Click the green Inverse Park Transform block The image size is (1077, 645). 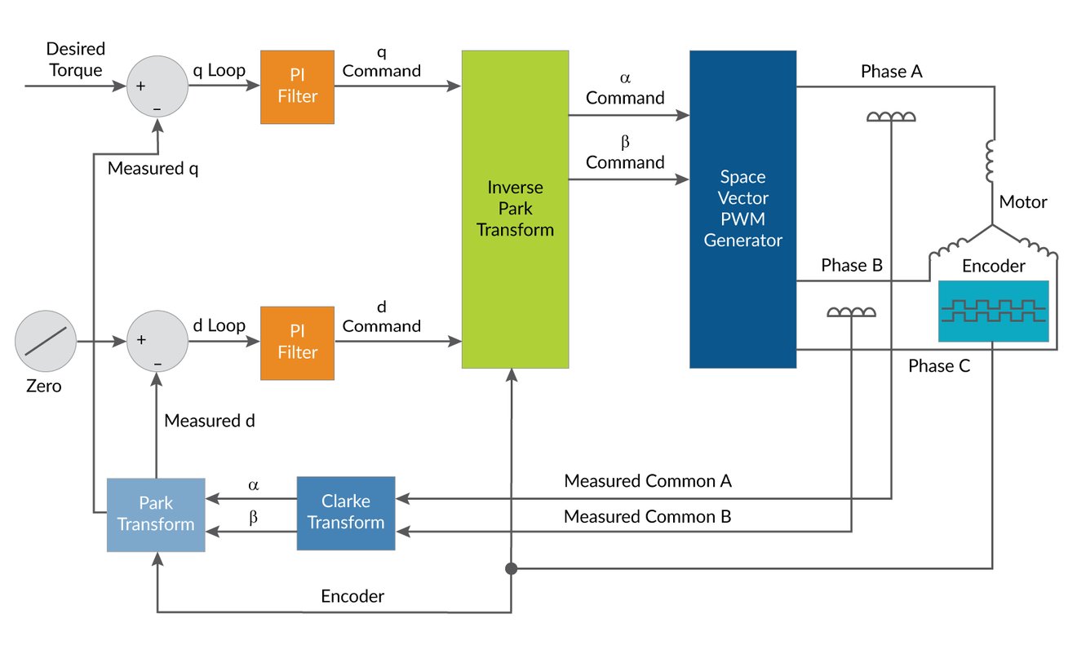[515, 209]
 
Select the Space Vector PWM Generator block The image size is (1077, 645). [742, 209]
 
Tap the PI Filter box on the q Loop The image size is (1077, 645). [297, 87]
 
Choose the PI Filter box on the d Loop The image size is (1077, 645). [297, 342]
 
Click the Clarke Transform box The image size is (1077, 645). [346, 512]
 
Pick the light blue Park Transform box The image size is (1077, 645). [156, 515]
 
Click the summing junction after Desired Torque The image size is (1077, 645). [157, 86]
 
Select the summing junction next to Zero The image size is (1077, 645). [157, 340]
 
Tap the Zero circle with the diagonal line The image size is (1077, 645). [45, 341]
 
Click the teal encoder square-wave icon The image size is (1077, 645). [993, 311]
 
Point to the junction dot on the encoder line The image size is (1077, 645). [512, 568]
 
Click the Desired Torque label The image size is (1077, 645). [76, 60]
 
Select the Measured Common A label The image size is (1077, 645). [648, 481]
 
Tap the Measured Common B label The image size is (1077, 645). [648, 516]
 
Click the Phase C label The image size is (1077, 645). [939, 366]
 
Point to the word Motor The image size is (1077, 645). [1023, 201]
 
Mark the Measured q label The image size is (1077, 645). [153, 169]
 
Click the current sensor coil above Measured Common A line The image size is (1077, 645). [891, 117]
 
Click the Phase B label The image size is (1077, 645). [852, 265]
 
